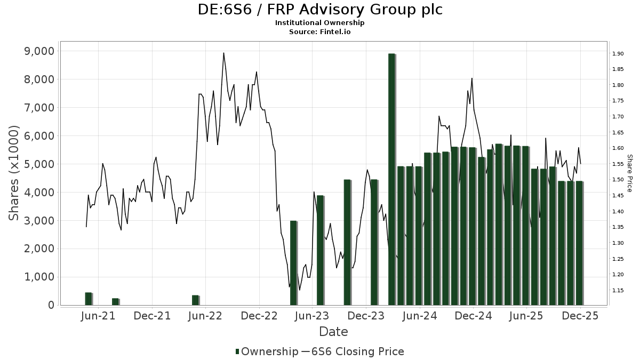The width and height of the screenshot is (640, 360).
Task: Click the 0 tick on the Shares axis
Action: click(x=51, y=305)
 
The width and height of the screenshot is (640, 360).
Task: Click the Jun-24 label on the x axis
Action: click(x=419, y=316)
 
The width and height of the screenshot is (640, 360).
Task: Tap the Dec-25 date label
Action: click(x=580, y=316)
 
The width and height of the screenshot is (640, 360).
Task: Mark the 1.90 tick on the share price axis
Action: click(x=619, y=54)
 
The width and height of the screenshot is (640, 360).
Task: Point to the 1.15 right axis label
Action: click(x=619, y=291)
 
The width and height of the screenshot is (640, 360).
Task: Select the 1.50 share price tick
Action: click(x=619, y=180)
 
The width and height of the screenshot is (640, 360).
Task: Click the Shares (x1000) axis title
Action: click(x=14, y=172)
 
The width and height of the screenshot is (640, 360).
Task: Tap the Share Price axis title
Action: click(x=629, y=173)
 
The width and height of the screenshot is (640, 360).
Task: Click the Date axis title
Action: click(x=333, y=332)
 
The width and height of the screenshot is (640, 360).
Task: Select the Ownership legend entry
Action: click(x=267, y=351)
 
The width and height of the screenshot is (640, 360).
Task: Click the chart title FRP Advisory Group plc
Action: click(x=320, y=10)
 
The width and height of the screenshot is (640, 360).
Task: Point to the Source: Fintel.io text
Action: click(x=320, y=31)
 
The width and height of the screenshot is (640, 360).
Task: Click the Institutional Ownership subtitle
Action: click(x=320, y=23)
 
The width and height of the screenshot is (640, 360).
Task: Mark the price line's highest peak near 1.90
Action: click(x=223, y=53)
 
